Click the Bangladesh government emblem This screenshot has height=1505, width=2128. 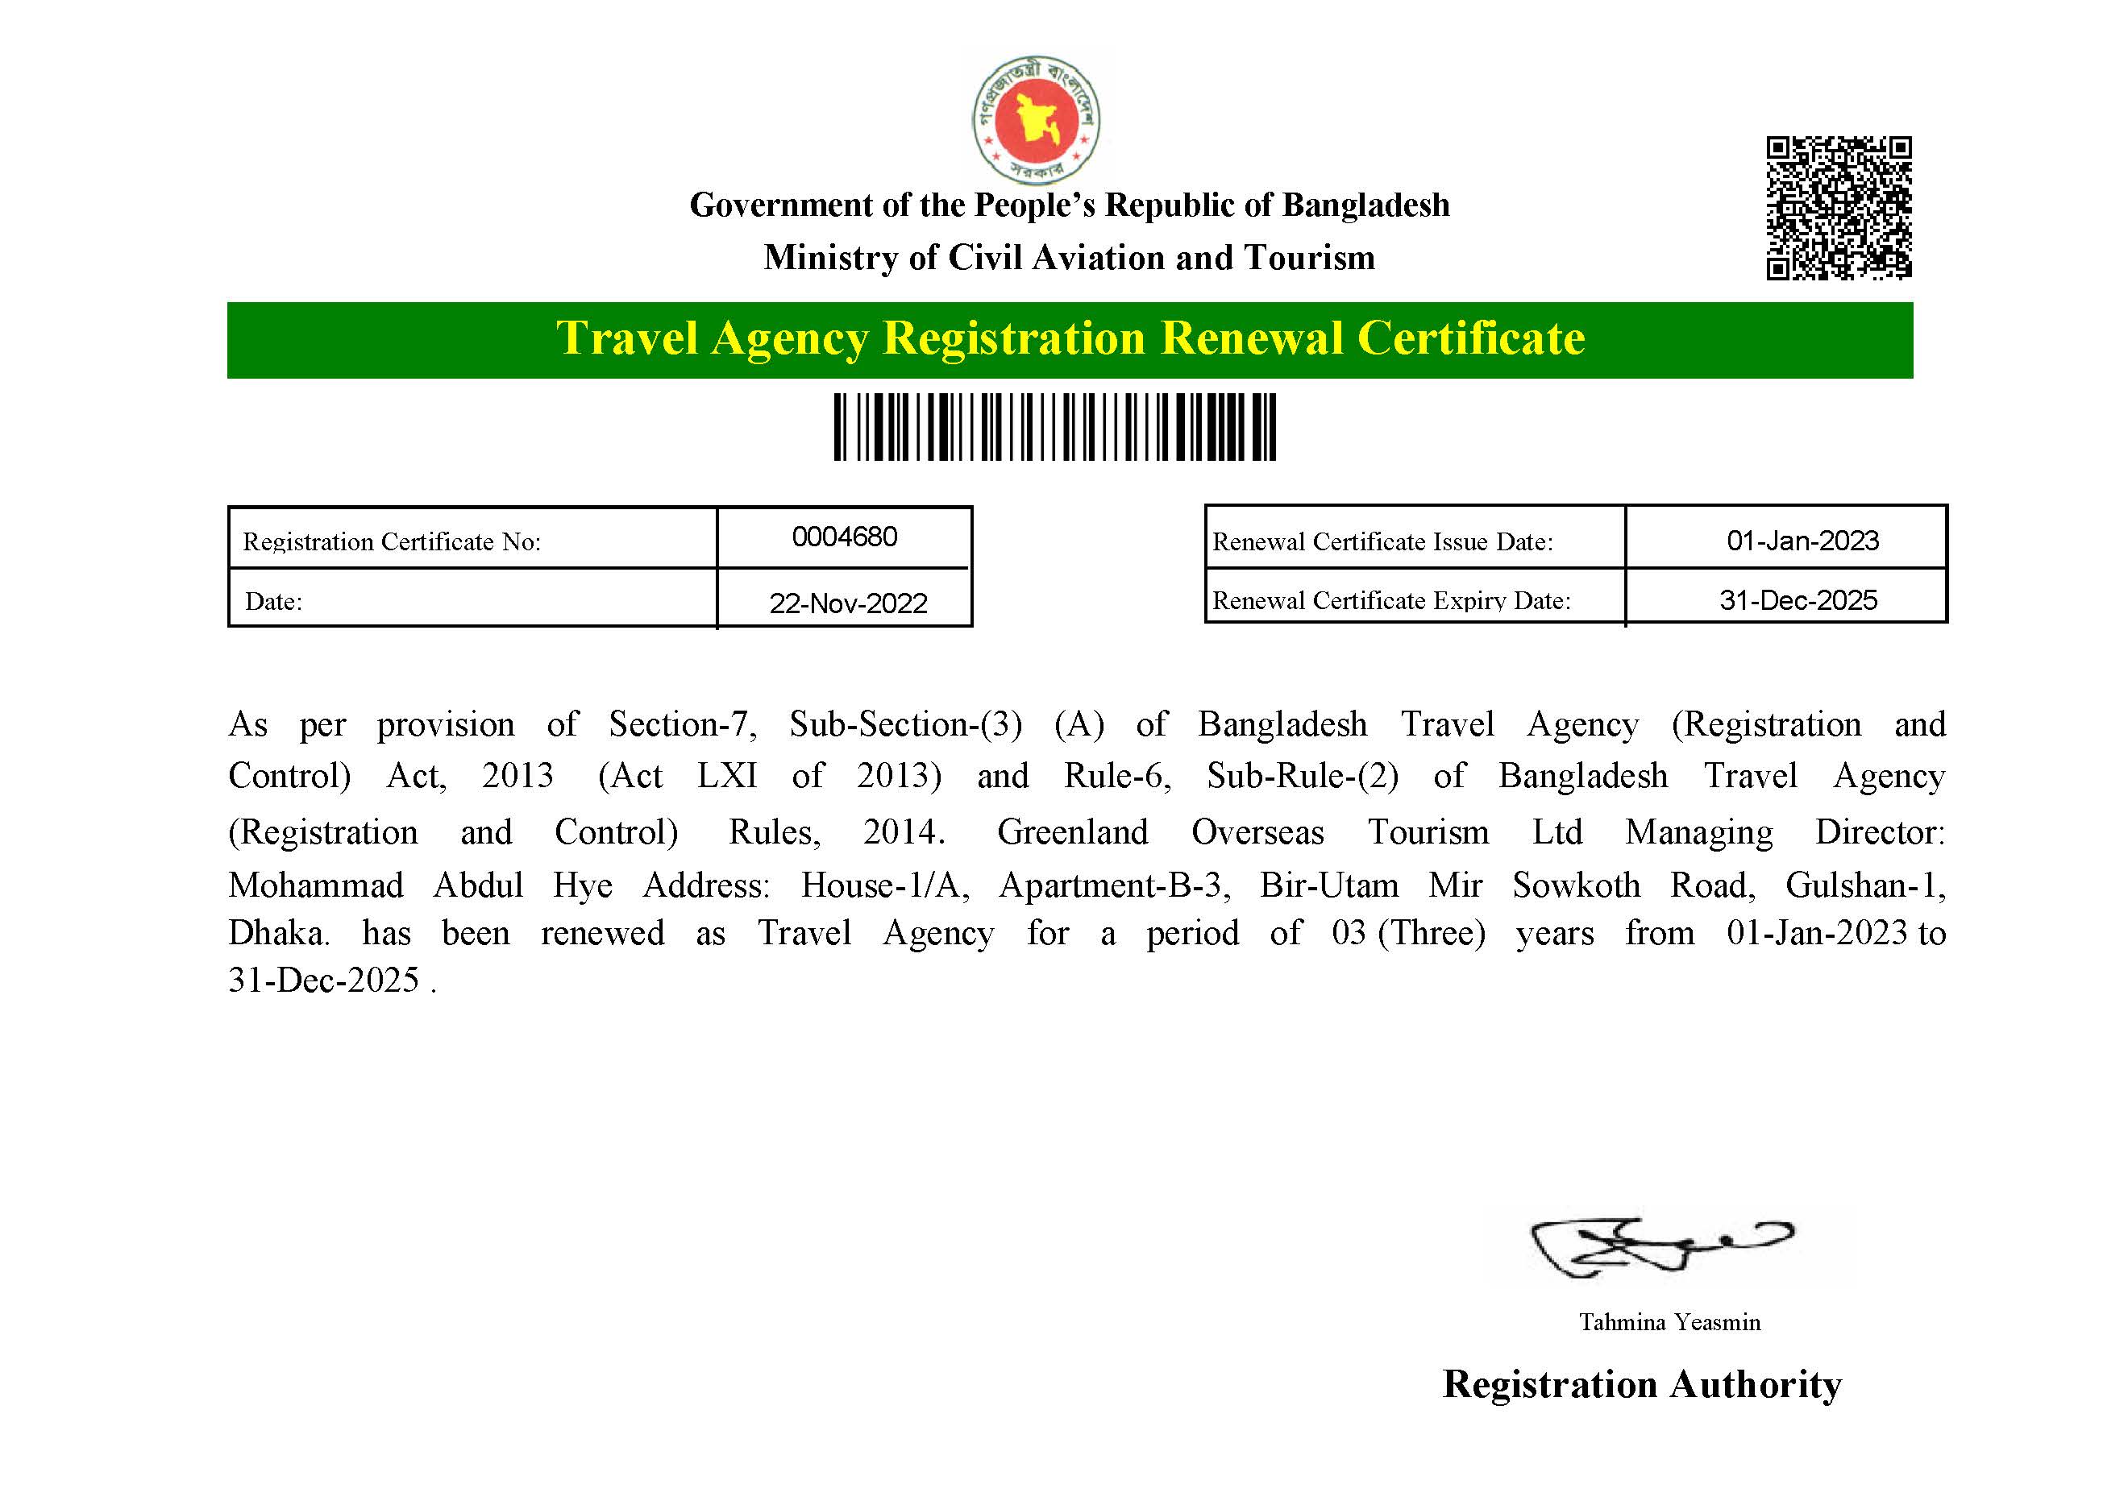[x=1036, y=119]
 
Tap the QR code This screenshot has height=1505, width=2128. [x=1838, y=208]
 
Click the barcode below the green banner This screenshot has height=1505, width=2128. [x=1054, y=426]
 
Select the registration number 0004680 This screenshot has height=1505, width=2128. [x=844, y=537]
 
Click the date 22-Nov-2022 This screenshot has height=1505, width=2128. [x=847, y=603]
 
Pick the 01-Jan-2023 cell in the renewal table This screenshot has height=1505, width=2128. [x=1802, y=541]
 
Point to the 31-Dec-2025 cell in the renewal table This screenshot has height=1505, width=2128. [x=1798, y=600]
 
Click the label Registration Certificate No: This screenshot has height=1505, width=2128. [x=391, y=542]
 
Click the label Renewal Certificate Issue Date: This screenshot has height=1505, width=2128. [x=1382, y=542]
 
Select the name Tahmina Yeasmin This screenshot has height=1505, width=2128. [x=1669, y=1322]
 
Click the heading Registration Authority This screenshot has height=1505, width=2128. [x=1641, y=1384]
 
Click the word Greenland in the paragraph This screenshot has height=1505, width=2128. [x=1072, y=832]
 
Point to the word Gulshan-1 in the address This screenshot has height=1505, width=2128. [x=1864, y=886]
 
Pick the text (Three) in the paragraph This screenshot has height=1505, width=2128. [x=1431, y=933]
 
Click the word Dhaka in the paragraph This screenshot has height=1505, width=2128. [x=277, y=933]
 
